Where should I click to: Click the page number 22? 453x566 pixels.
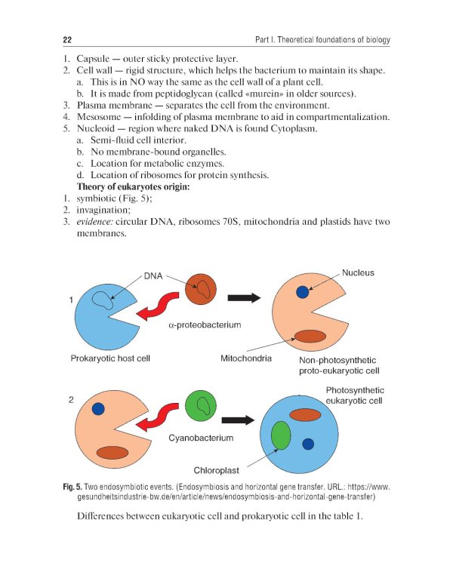pyautogui.click(x=66, y=39)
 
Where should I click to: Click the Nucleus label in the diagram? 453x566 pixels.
pyautogui.click(x=358, y=272)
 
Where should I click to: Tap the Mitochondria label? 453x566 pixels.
pyautogui.click(x=246, y=358)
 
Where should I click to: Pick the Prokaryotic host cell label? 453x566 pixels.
pyautogui.click(x=111, y=358)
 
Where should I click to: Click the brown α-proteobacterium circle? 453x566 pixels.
pyautogui.click(x=202, y=289)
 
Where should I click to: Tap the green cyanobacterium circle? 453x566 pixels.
pyautogui.click(x=201, y=408)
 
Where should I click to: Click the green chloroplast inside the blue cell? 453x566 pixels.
pyautogui.click(x=281, y=436)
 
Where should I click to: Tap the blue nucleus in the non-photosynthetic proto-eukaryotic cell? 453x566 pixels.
pyautogui.click(x=303, y=292)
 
